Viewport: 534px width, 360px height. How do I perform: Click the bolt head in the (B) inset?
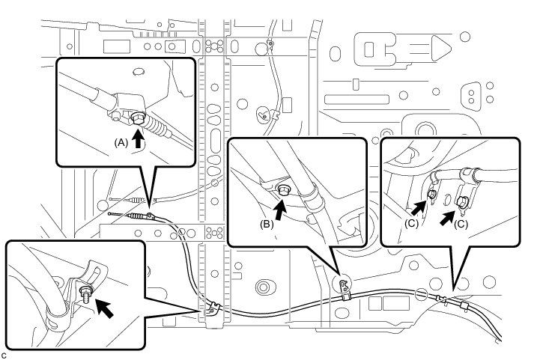pos(284,190)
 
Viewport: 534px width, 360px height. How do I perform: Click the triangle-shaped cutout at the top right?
pos(437,52)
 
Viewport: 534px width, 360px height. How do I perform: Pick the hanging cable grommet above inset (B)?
pos(264,115)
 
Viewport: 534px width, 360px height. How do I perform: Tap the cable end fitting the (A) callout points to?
pos(151,216)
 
